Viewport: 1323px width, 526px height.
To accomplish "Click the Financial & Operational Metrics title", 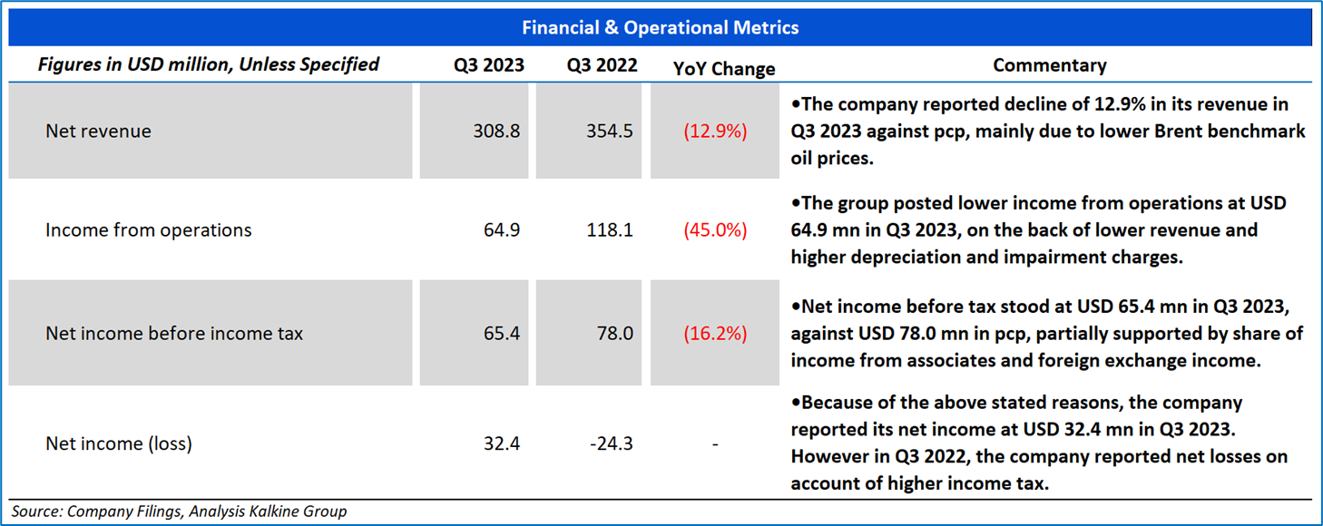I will point(661,27).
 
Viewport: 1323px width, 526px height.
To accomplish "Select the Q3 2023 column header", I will point(489,65).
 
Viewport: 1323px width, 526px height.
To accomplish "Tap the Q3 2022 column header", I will point(602,65).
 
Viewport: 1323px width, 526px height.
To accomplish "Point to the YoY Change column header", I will point(724,68).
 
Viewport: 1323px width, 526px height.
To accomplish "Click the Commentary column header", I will point(1050,65).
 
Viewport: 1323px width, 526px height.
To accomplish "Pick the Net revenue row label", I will point(98,131).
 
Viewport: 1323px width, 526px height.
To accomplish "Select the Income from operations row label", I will point(149,230).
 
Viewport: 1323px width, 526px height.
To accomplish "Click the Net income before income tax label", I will point(174,334).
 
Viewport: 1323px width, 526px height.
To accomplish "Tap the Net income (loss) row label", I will point(119,443).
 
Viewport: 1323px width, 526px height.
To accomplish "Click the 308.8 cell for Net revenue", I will point(497,131).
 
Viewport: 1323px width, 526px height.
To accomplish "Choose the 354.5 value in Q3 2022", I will point(610,131).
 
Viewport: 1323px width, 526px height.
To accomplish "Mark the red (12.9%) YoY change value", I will point(716,131).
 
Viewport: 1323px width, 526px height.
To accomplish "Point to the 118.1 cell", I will point(610,230).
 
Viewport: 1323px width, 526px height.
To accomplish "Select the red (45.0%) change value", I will point(716,230).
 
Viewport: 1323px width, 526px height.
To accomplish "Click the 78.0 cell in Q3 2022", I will point(615,334).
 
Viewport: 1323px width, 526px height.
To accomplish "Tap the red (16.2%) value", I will point(716,334).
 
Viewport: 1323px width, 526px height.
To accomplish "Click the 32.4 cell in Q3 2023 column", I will point(503,443).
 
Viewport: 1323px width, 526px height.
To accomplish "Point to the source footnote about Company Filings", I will point(179,511).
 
